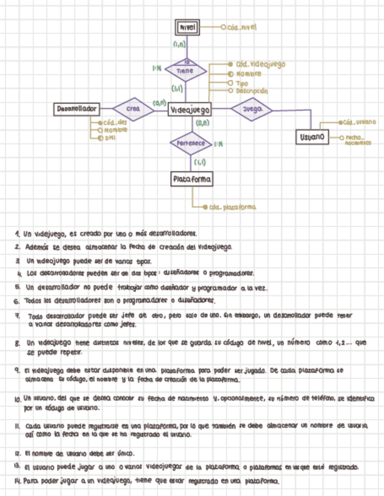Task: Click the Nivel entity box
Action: (x=188, y=27)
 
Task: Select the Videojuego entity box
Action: (x=191, y=109)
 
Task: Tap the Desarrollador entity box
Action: (x=77, y=109)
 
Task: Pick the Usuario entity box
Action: (x=312, y=136)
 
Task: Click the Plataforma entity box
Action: (x=192, y=178)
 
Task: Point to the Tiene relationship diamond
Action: (x=186, y=70)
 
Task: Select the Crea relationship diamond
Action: (x=133, y=108)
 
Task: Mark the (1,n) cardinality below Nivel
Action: (x=179, y=44)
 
